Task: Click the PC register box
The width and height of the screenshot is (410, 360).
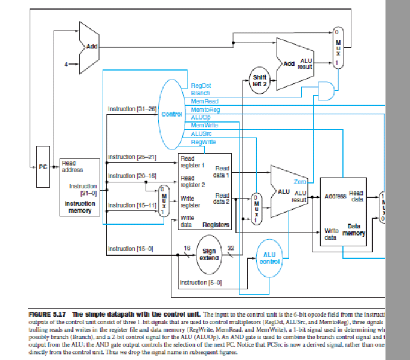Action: (42, 166)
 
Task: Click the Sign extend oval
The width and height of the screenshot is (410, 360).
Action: (209, 254)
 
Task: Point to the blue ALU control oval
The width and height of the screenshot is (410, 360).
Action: (269, 258)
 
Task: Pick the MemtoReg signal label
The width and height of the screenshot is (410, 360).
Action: (205, 110)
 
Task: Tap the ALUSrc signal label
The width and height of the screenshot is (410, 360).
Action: (200, 133)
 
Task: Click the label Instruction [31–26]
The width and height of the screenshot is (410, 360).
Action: (132, 109)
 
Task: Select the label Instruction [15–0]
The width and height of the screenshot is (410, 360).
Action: (130, 248)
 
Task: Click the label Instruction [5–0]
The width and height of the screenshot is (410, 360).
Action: (201, 282)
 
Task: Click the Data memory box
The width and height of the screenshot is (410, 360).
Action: (343, 211)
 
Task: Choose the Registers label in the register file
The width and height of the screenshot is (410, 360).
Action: (216, 224)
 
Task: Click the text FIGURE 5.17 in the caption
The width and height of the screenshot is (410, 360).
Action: (49, 314)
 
